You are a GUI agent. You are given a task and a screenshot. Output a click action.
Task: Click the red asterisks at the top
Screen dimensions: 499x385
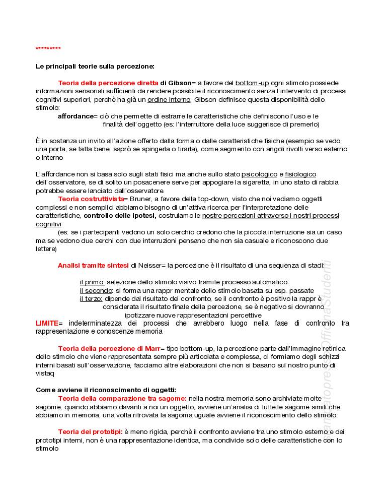pyautogui.click(x=48, y=48)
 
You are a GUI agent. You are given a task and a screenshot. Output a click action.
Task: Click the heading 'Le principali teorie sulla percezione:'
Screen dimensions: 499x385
pyautogui.click(x=95, y=67)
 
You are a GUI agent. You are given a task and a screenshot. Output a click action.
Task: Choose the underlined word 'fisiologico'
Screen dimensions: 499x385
pyautogui.click(x=300, y=174)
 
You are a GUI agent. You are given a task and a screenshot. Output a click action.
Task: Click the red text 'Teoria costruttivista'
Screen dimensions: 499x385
pyautogui.click(x=91, y=199)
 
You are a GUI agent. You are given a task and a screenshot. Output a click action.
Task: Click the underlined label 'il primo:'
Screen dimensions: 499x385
pyautogui.click(x=92, y=282)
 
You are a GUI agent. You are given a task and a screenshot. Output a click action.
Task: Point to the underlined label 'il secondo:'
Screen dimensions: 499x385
pyautogui.click(x=96, y=290)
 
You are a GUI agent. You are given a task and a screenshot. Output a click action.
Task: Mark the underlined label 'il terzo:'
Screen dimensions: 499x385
pyautogui.click(x=91, y=298)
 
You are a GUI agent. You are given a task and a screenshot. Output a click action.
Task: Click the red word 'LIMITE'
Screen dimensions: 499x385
pyautogui.click(x=47, y=323)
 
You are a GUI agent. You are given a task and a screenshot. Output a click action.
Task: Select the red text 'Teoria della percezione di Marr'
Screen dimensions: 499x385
pyautogui.click(x=109, y=348)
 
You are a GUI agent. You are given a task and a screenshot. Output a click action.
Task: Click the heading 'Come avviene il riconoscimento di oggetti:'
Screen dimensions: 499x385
pyautogui.click(x=106, y=390)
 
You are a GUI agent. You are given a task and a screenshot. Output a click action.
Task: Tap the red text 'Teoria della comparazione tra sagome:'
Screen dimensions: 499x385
pyautogui.click(x=122, y=398)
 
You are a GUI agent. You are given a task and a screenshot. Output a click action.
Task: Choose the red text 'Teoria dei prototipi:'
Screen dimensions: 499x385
pyautogui.click(x=90, y=431)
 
